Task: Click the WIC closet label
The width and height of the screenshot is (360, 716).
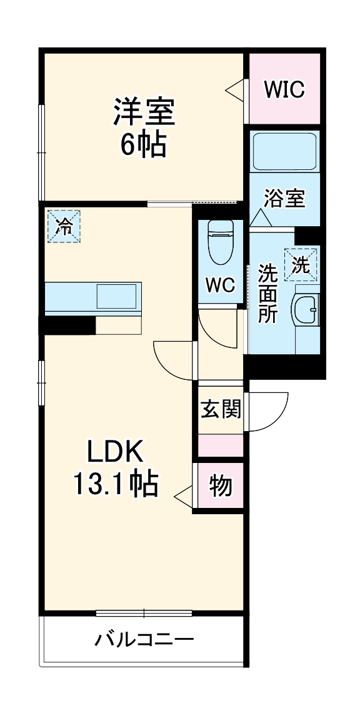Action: [x=284, y=89]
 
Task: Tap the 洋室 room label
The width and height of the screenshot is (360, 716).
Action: [x=143, y=112]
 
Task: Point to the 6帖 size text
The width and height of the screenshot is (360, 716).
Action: [x=143, y=145]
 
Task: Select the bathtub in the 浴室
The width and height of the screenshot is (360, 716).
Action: [x=284, y=152]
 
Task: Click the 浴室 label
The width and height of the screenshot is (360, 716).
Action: [x=284, y=199]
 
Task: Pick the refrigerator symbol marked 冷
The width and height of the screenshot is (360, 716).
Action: [x=63, y=226]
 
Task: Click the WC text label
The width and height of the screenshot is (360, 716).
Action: [x=220, y=285]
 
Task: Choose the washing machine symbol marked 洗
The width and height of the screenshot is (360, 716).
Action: [x=301, y=264]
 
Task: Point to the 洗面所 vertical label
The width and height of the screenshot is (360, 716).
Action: [x=268, y=294]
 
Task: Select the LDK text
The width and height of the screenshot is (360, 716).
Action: [x=115, y=451]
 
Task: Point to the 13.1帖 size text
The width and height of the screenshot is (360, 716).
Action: [x=115, y=483]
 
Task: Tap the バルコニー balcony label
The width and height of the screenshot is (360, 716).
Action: [x=144, y=640]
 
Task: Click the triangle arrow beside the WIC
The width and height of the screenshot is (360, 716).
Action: [x=235, y=89]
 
